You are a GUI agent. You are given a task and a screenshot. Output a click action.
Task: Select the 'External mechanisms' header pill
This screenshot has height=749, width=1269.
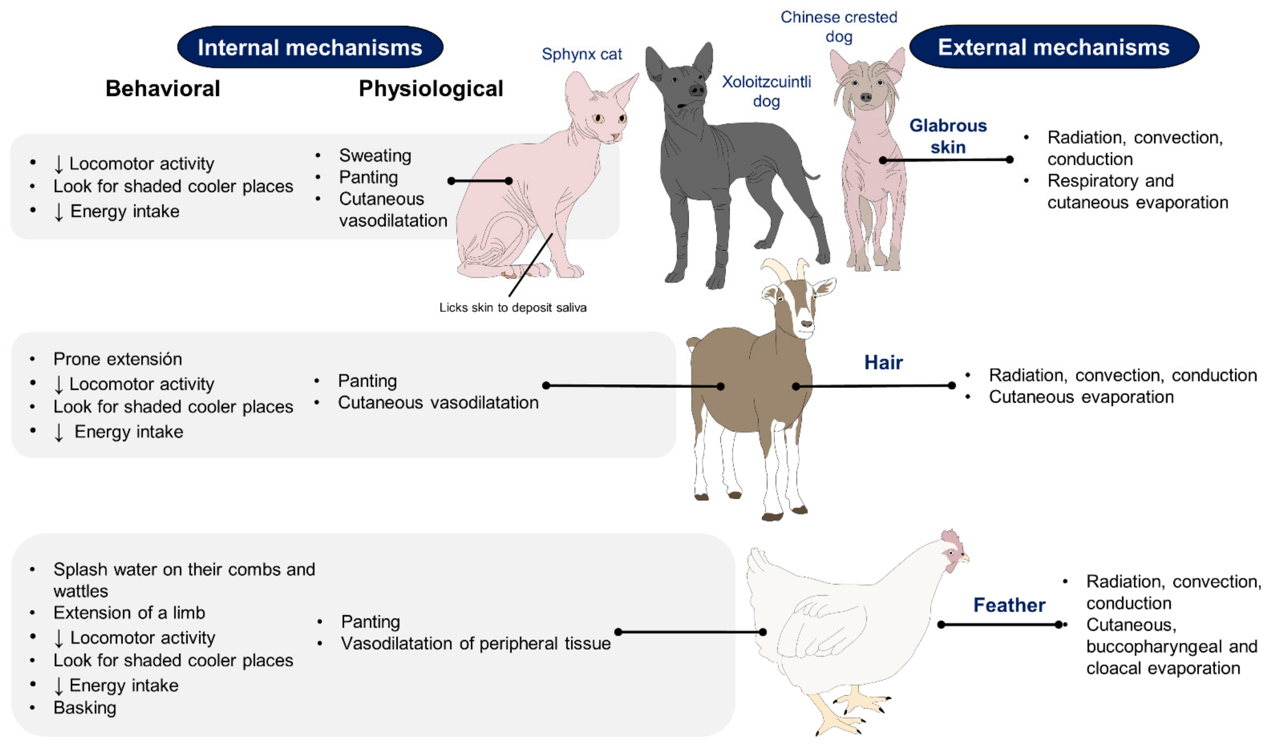[x=1053, y=47]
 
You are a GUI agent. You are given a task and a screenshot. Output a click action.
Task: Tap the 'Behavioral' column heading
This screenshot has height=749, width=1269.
[x=163, y=89]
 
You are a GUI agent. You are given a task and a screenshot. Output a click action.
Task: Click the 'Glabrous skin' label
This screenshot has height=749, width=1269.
[x=948, y=136]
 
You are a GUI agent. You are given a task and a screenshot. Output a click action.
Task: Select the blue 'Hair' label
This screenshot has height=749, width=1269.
[x=883, y=362]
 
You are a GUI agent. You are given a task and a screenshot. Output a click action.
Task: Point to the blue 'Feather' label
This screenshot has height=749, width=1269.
[x=1009, y=605]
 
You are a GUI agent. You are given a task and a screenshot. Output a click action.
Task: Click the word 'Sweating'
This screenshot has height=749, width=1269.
[x=375, y=156]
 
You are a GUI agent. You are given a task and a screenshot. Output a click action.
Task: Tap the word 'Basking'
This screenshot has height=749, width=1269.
[x=85, y=708]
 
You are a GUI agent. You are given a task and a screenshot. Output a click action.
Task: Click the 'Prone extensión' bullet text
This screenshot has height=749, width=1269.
[x=118, y=359]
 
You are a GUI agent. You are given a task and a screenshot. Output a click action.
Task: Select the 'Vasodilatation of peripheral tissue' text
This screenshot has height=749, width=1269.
[x=475, y=644]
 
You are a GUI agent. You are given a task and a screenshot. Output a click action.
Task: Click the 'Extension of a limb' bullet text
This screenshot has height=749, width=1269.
[x=129, y=613]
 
